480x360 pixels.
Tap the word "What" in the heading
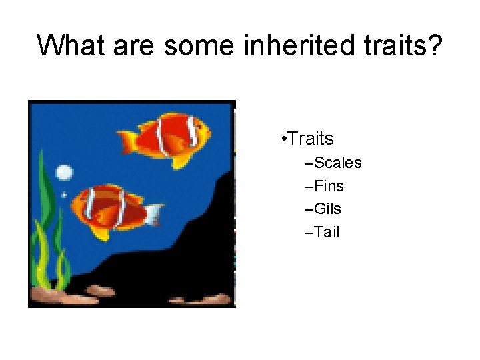click(69, 45)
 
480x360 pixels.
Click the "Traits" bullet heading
click(311, 139)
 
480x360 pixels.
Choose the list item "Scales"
click(337, 163)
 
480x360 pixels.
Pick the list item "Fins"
click(329, 186)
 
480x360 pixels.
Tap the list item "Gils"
click(327, 209)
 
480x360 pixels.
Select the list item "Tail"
click(327, 233)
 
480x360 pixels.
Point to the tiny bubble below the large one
click(64, 195)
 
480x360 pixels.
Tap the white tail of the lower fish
click(154, 214)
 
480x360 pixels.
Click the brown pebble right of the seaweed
click(101, 291)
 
